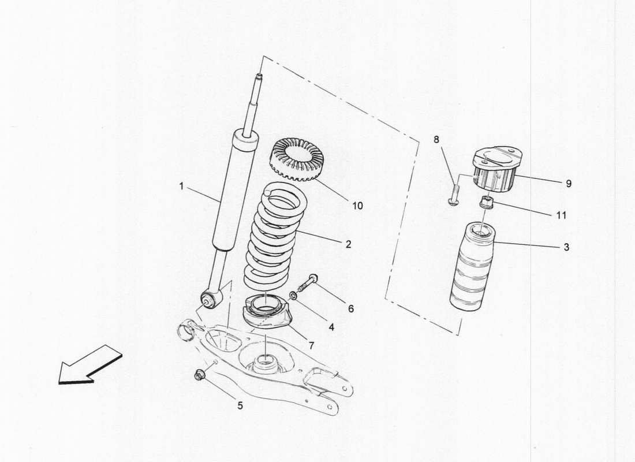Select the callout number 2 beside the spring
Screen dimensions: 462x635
point(348,244)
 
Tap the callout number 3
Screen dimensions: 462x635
point(566,247)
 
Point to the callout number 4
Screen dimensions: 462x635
point(331,326)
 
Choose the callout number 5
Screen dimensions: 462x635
point(240,405)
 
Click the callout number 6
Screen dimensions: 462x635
point(350,309)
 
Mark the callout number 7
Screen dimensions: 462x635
point(311,345)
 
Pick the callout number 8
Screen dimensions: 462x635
point(436,139)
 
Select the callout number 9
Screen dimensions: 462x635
point(568,184)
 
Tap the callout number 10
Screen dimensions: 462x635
point(357,205)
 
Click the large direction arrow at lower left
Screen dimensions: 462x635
point(89,364)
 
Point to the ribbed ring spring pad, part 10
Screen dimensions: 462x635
point(296,158)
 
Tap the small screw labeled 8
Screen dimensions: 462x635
point(453,194)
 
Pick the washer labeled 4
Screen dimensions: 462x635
point(294,296)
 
